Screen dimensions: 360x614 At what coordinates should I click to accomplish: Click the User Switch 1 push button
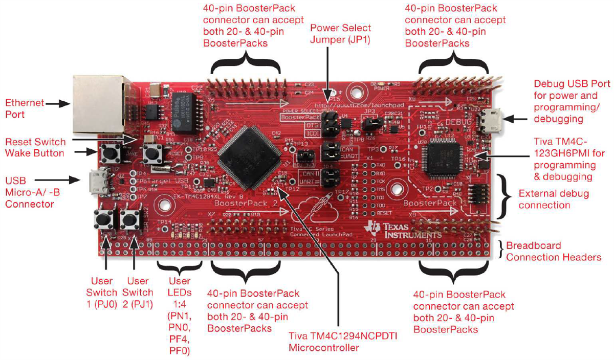105,220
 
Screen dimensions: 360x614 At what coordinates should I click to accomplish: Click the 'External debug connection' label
553,199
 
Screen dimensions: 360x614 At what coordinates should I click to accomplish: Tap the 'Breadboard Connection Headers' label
554,251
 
